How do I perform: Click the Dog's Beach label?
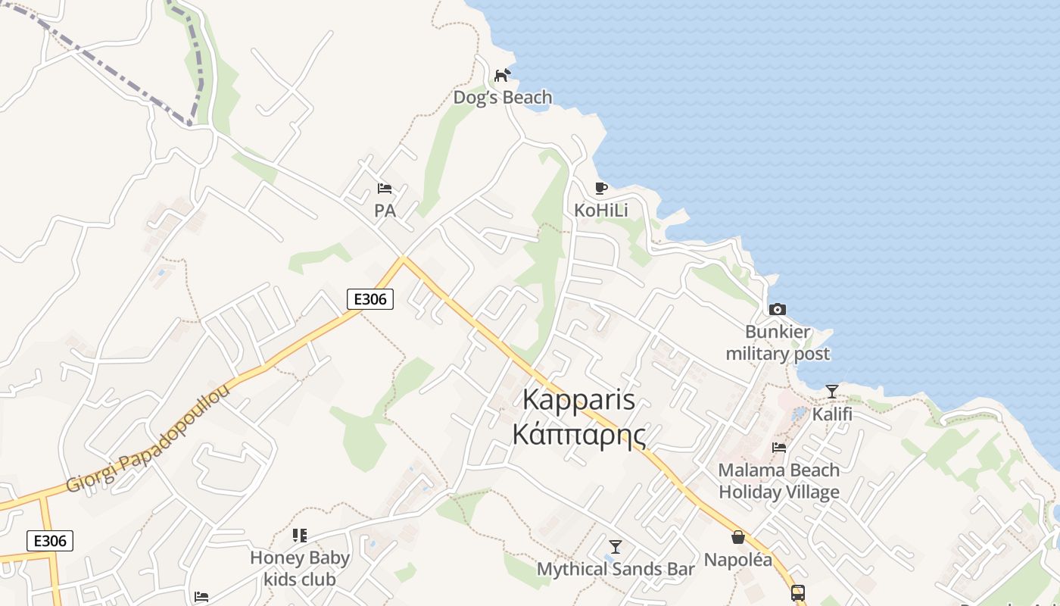click(x=503, y=98)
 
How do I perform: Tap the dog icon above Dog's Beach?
click(x=502, y=75)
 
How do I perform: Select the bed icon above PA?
click(x=385, y=189)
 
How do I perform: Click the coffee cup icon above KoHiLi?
click(x=601, y=188)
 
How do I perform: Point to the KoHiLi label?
click(x=601, y=210)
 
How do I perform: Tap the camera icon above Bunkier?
click(x=778, y=309)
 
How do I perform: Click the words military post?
click(x=778, y=354)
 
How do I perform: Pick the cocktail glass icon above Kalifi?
click(x=832, y=392)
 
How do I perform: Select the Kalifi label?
click(x=832, y=414)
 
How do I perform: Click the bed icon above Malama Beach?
click(x=779, y=448)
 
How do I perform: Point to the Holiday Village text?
click(x=779, y=492)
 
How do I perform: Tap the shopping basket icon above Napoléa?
click(x=738, y=538)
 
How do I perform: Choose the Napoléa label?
click(x=738, y=561)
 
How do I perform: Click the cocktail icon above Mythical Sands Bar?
click(x=616, y=546)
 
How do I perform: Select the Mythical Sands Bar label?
click(x=616, y=569)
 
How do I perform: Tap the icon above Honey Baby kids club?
click(x=300, y=536)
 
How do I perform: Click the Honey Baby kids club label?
click(x=300, y=569)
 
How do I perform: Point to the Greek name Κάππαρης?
click(x=579, y=436)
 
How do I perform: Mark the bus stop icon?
click(x=798, y=592)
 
